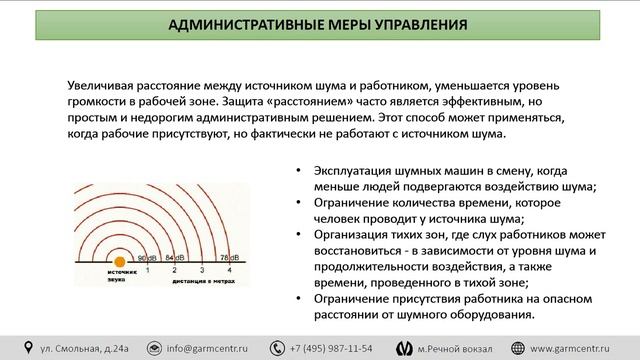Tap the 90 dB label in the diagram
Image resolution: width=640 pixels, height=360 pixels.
click(x=146, y=256)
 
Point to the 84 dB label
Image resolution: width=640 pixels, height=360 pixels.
click(x=175, y=256)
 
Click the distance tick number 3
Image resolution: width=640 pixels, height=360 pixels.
click(x=202, y=271)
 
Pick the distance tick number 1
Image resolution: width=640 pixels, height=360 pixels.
click(x=148, y=271)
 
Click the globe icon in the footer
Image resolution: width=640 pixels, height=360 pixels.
click(x=519, y=347)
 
